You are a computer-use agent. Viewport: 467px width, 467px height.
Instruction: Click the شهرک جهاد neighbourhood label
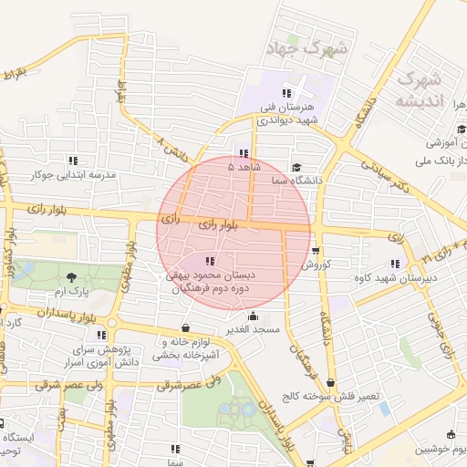pyautogui.click(x=305, y=47)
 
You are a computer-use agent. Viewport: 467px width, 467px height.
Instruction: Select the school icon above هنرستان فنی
pyautogui.click(x=286, y=93)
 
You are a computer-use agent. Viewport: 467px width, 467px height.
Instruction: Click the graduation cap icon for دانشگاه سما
pyautogui.click(x=296, y=168)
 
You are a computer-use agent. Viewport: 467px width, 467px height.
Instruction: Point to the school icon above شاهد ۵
pyautogui.click(x=243, y=153)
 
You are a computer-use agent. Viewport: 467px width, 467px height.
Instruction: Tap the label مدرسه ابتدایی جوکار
pyautogui.click(x=75, y=173)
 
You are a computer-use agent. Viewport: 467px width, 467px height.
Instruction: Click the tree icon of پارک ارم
pyautogui.click(x=73, y=276)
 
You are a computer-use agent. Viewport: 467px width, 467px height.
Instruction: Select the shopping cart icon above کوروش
pyautogui.click(x=316, y=251)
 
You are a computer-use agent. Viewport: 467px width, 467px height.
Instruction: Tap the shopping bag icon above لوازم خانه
pyautogui.click(x=186, y=327)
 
